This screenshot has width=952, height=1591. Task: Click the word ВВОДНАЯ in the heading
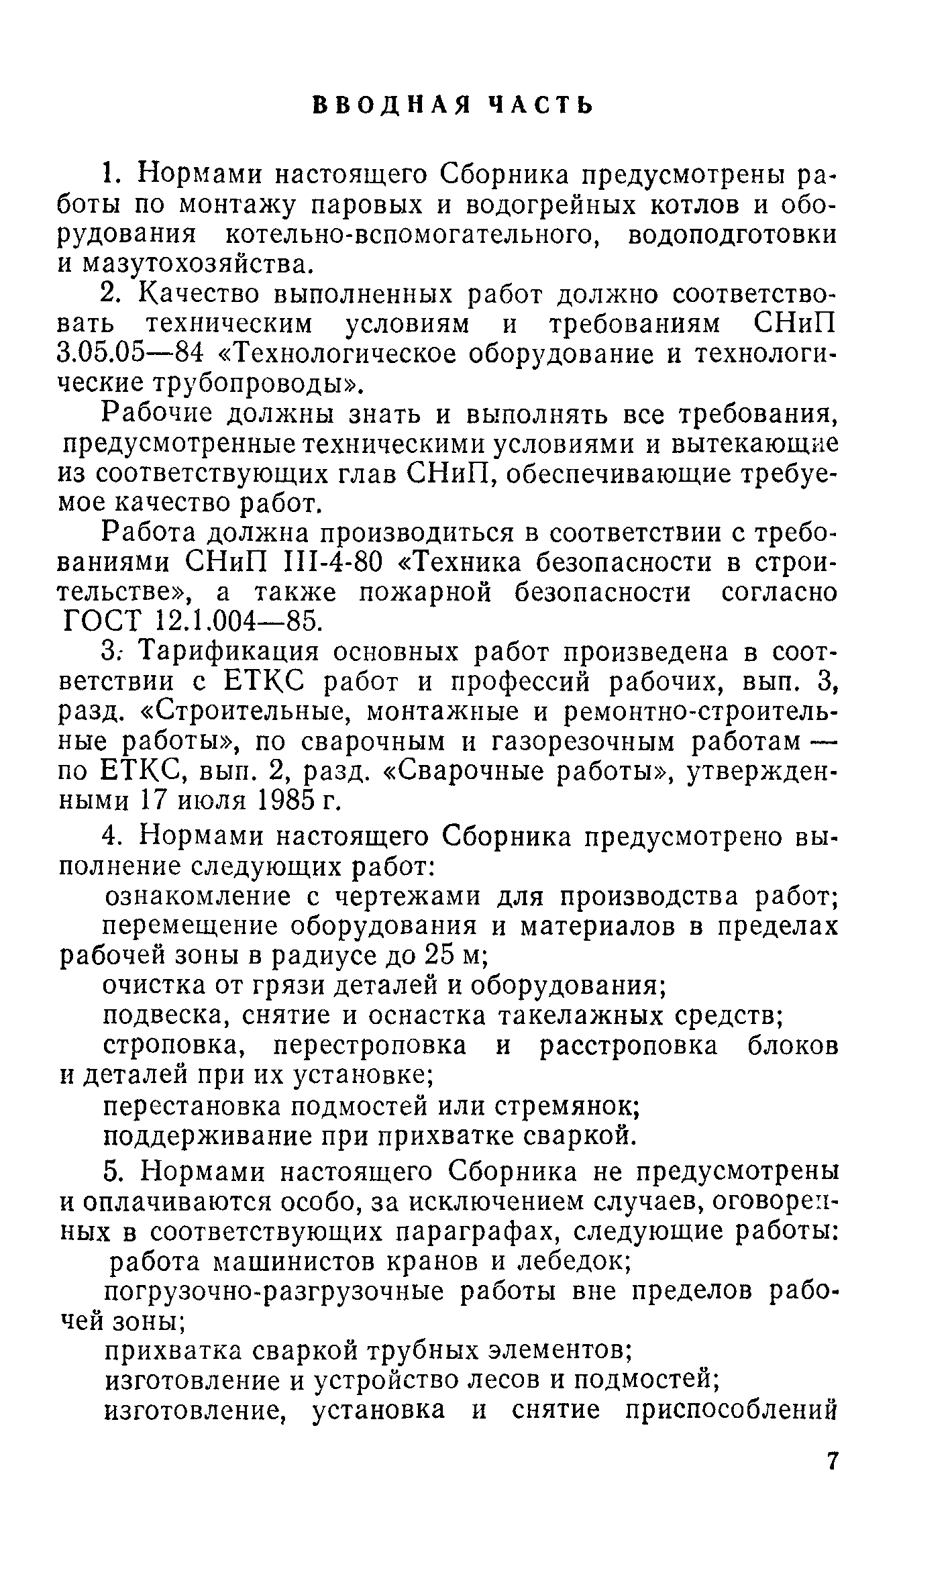(x=391, y=105)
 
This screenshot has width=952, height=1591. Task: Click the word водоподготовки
(x=733, y=235)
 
